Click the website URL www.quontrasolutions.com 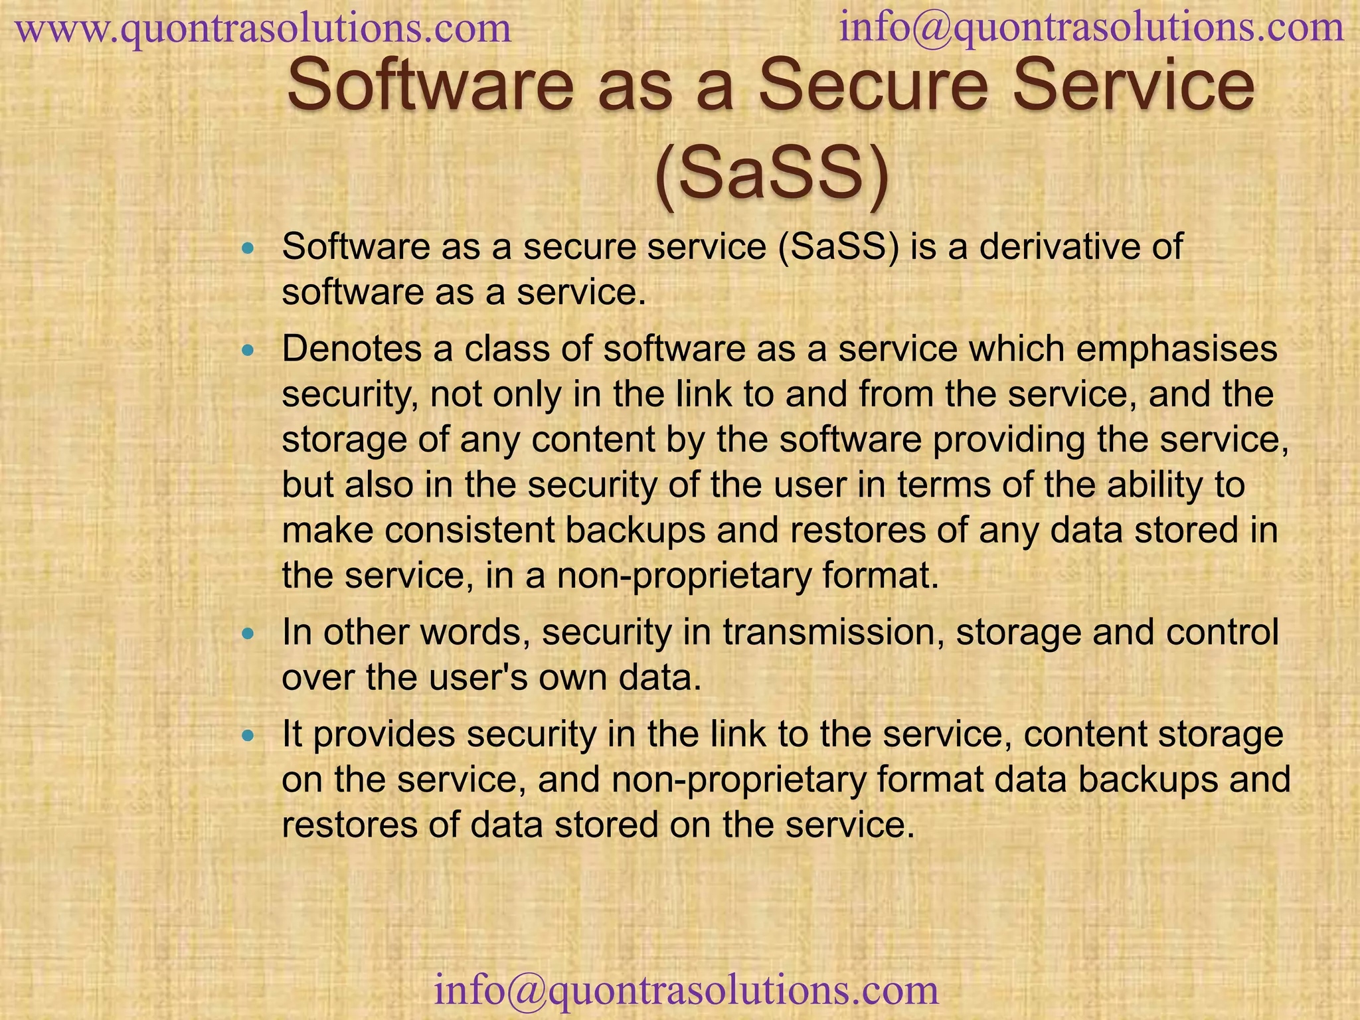click(263, 29)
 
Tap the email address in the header click(1092, 28)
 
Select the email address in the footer click(686, 990)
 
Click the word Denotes click(352, 349)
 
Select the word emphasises click(1176, 349)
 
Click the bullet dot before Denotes click(248, 351)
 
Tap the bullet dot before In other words click(248, 634)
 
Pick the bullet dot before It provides click(248, 736)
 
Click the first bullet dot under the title click(248, 248)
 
